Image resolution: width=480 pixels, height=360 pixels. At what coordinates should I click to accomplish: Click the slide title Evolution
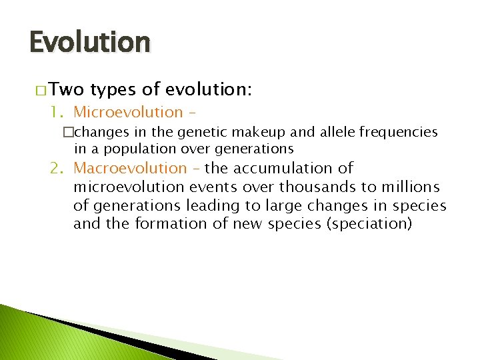tap(89, 42)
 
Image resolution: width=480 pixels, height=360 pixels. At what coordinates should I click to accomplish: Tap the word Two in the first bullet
tap(66, 90)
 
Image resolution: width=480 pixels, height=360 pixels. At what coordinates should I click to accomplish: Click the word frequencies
tap(398, 133)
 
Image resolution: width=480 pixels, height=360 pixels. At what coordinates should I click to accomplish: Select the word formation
tap(167, 224)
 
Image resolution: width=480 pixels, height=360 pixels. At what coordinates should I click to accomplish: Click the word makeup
tap(248, 133)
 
